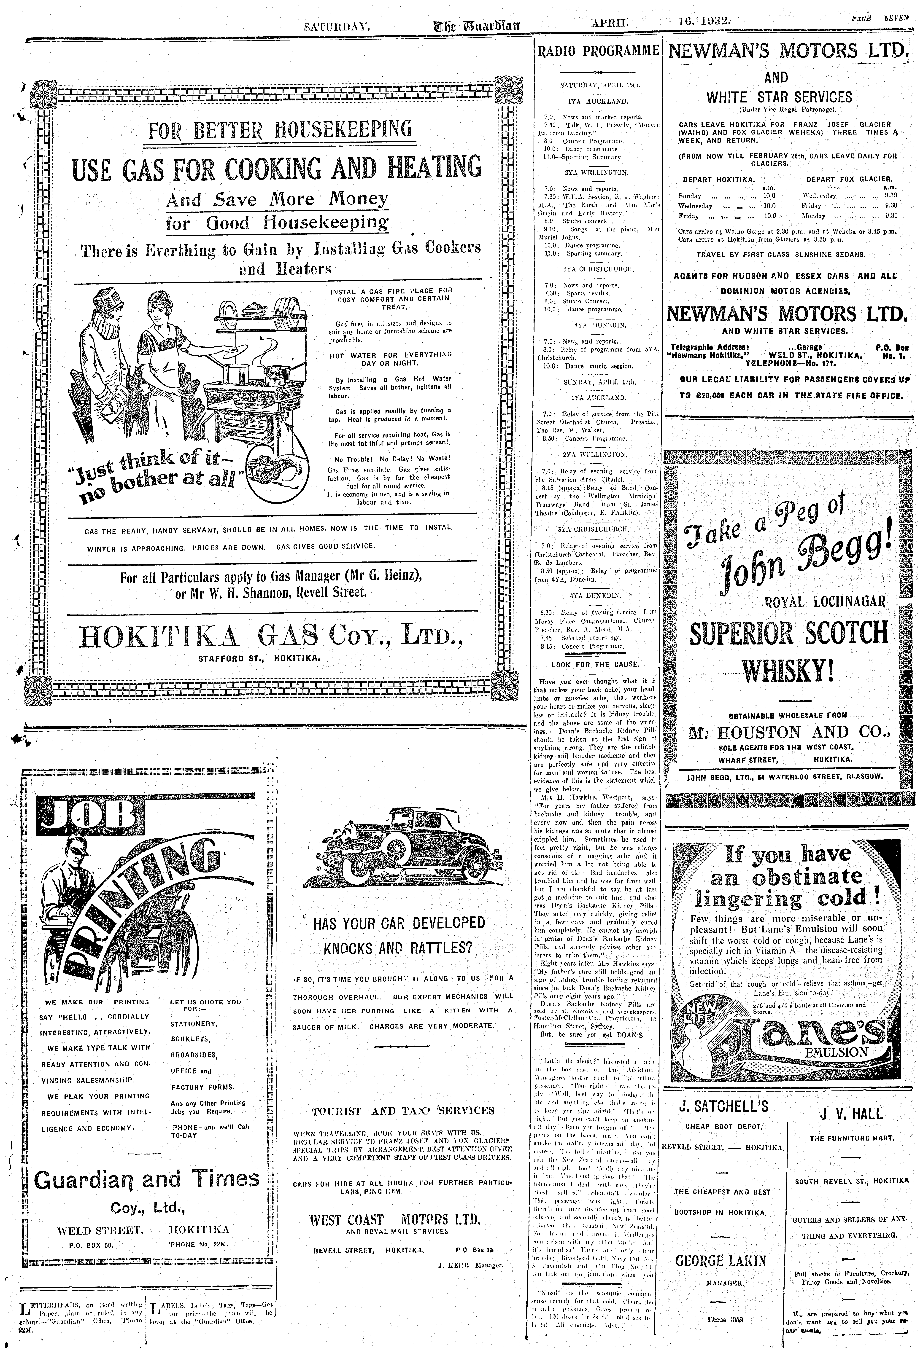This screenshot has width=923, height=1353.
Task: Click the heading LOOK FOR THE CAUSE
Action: [595, 664]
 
